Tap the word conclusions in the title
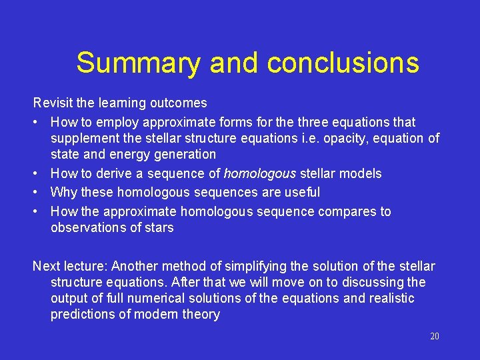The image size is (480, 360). click(x=343, y=63)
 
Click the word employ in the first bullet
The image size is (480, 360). click(x=117, y=123)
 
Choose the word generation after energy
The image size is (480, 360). click(x=185, y=155)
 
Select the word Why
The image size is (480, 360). click(x=63, y=193)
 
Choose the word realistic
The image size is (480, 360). click(x=390, y=299)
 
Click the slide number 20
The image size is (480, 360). click(x=435, y=337)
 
